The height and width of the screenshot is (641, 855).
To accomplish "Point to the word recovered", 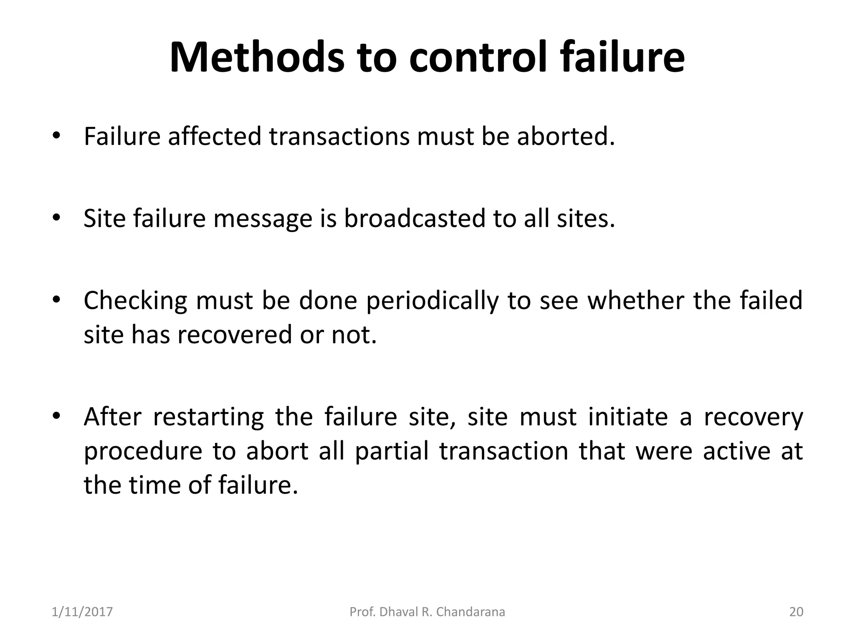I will [234, 335].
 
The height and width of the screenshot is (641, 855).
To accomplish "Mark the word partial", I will [392, 451].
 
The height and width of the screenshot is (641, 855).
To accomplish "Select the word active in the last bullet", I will [736, 451].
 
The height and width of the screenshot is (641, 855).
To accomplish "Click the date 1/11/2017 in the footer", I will [82, 612].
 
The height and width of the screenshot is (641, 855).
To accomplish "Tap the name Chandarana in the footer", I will [471, 612].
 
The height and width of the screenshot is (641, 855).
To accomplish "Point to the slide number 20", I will [796, 612].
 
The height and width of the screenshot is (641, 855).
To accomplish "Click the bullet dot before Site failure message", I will [57, 218].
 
